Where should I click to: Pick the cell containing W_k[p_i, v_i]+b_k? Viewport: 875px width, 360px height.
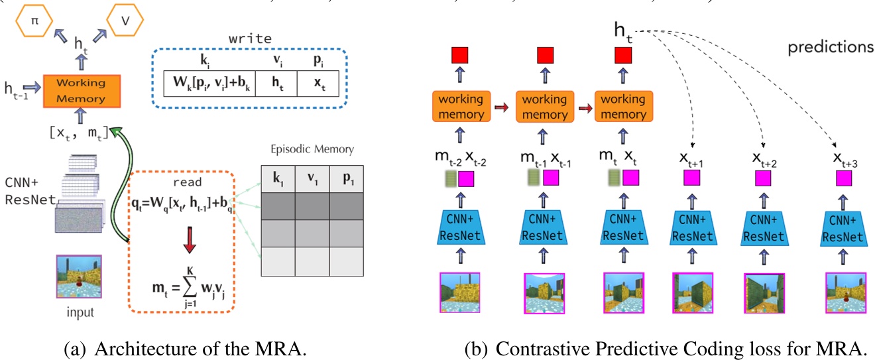click(x=209, y=83)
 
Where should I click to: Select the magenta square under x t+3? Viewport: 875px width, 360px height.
click(x=844, y=178)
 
